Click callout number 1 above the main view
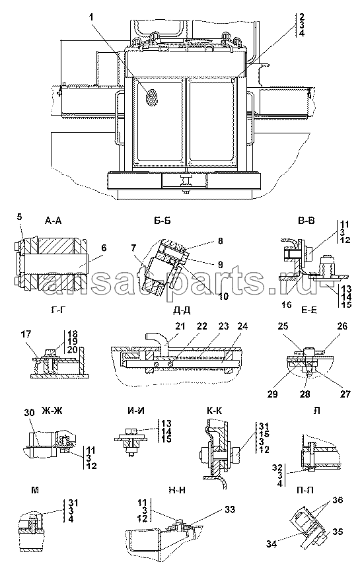pos(92,17)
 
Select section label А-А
pos(54,221)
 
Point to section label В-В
pos(306,221)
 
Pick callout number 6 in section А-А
pos(104,248)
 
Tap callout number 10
pos(223,296)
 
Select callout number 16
pos(287,305)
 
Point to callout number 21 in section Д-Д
pos(180,326)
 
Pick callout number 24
pos(242,326)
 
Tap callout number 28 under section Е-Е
pos(305,394)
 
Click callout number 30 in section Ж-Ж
pos(29,413)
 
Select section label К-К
pos(214,410)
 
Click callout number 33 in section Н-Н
pos(230,509)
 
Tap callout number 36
pos(338,500)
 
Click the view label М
pos(35,490)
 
